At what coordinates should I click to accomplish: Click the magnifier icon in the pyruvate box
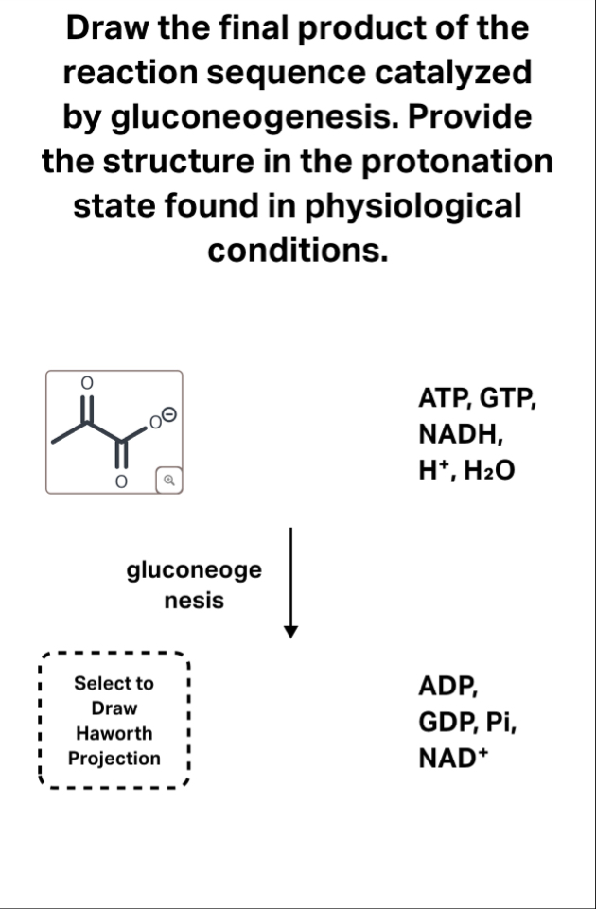coord(167,480)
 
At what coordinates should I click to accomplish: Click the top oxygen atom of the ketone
coord(84,382)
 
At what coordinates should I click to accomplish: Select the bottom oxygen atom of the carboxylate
coord(120,481)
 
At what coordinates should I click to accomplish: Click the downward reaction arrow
coord(292,583)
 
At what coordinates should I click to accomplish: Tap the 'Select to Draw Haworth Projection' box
coord(114,720)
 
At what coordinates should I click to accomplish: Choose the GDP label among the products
coord(445,723)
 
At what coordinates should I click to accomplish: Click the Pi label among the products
coord(500,723)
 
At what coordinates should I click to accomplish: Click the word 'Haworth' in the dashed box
coord(114,733)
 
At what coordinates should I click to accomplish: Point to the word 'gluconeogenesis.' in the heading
coord(239,118)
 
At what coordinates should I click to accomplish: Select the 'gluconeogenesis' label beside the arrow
coord(194,585)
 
